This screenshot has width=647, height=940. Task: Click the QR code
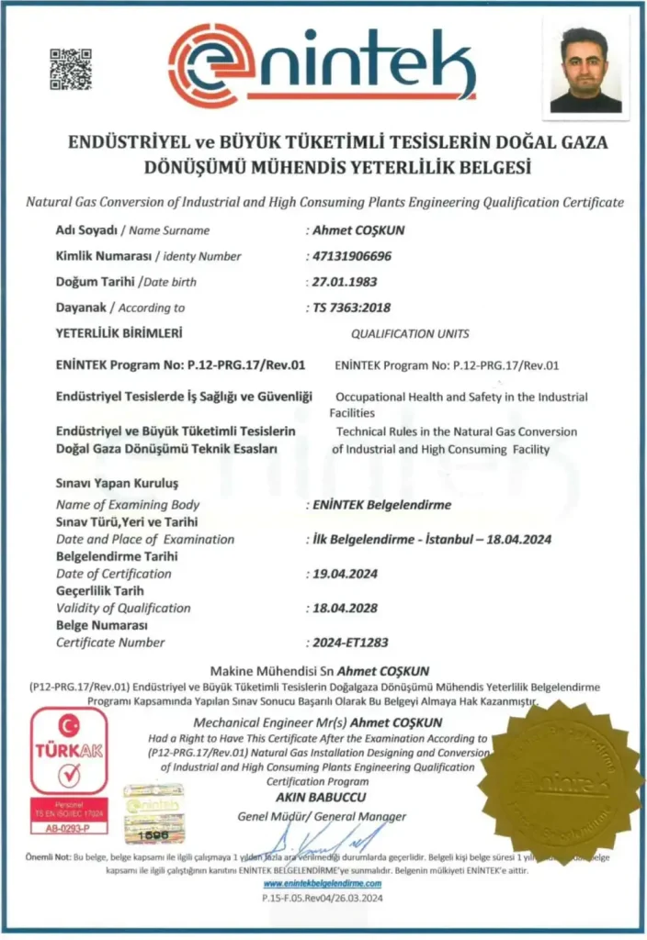coord(71,69)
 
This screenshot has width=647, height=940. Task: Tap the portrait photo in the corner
coord(585,70)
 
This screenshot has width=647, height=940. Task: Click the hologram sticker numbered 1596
coord(153,811)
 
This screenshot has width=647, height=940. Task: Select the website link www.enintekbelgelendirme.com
coord(321,882)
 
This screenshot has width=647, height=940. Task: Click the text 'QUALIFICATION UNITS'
coord(410,334)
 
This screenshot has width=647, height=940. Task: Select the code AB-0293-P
coord(69,828)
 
